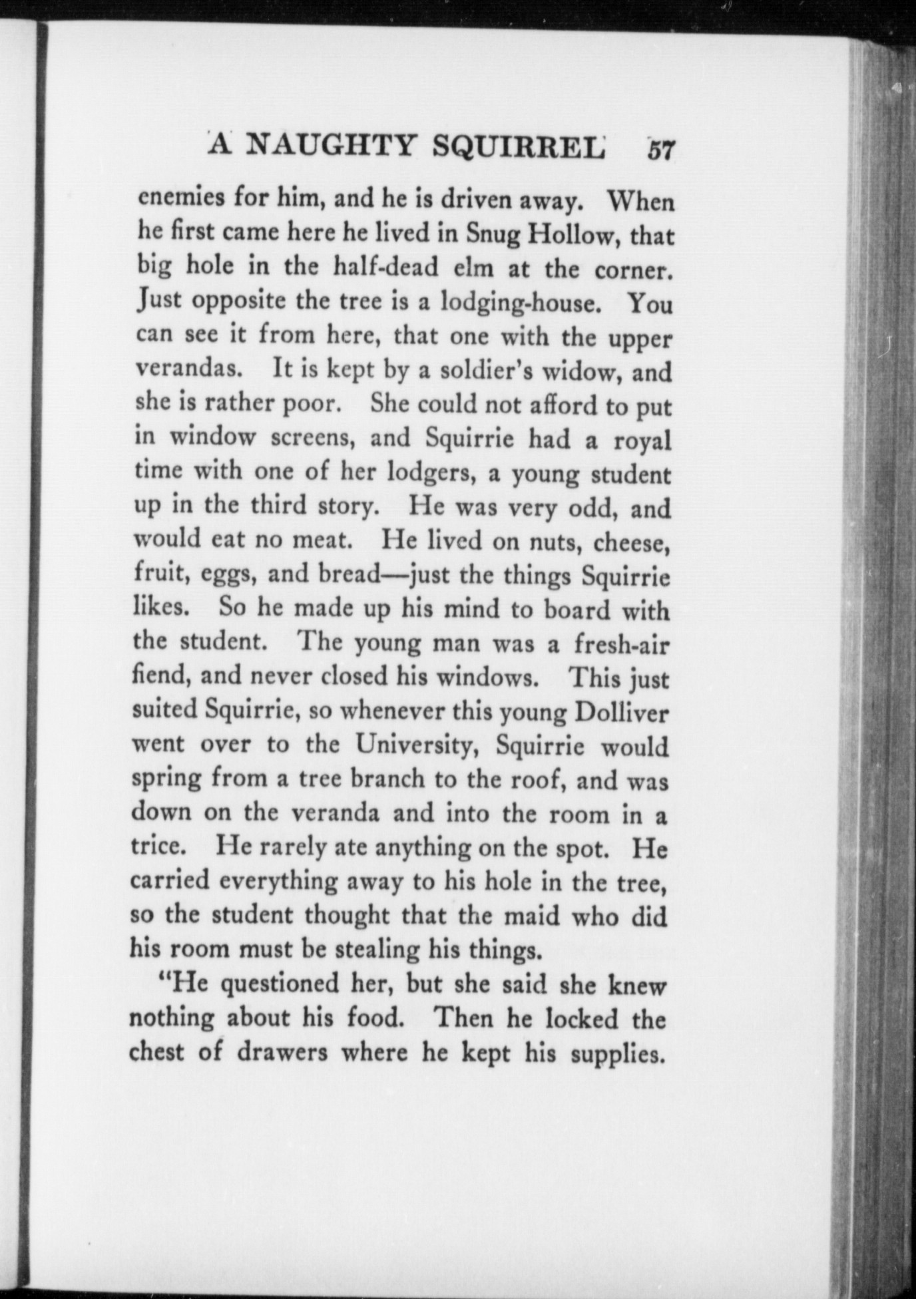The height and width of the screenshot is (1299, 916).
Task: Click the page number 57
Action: point(659,149)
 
